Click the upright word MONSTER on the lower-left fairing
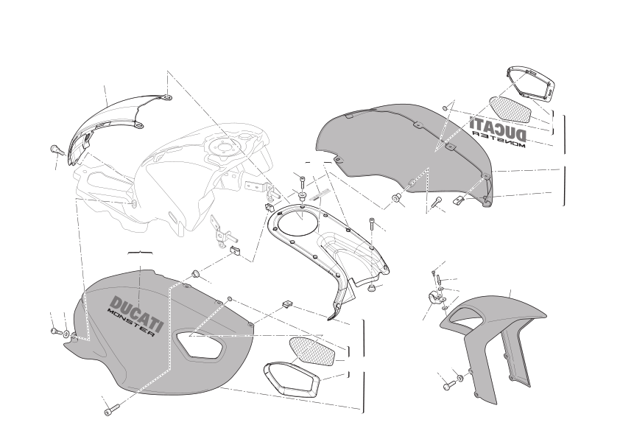coord(131,323)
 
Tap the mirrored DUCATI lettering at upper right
coord(499,127)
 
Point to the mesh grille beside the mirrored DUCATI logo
coord(510,110)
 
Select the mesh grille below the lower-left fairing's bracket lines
coord(312,351)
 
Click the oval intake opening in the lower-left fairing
coord(199,344)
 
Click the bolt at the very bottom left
coord(111,410)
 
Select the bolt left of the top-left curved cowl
coord(56,150)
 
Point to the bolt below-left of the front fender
coord(449,384)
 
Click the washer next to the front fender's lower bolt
coord(460,379)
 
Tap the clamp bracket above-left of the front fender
coord(435,297)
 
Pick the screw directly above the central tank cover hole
coord(303,183)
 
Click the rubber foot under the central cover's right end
coord(371,288)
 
